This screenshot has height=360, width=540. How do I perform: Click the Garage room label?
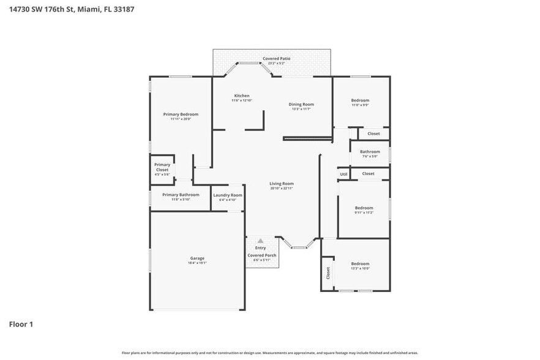[x=197, y=258]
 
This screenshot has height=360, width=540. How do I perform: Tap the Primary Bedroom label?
[x=181, y=114]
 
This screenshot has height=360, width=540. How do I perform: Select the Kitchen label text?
[x=242, y=96]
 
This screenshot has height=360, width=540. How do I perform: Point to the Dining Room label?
[x=301, y=104]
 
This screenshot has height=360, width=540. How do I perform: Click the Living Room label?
[x=282, y=184]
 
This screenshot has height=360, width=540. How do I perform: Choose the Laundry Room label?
[x=228, y=195]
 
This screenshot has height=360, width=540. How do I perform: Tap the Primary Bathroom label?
[x=181, y=195]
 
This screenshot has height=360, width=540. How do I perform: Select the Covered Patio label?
[x=276, y=59]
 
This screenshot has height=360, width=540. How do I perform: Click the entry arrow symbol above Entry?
[x=260, y=241]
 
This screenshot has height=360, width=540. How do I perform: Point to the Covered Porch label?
[x=261, y=255]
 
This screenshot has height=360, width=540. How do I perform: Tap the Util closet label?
[x=343, y=174]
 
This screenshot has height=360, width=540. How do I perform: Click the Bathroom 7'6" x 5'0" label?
[x=370, y=152]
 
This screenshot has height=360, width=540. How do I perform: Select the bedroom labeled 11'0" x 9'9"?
[x=360, y=100]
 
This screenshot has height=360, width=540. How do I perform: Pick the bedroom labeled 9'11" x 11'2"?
[x=364, y=208]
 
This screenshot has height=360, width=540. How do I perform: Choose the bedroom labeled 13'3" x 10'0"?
[x=360, y=264]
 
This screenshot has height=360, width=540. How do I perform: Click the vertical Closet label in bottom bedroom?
[x=328, y=272]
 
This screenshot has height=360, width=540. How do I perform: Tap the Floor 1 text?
[x=21, y=324]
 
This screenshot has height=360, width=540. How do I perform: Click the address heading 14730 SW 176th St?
[x=72, y=9]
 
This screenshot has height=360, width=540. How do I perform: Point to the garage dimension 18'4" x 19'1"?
[x=197, y=263]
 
